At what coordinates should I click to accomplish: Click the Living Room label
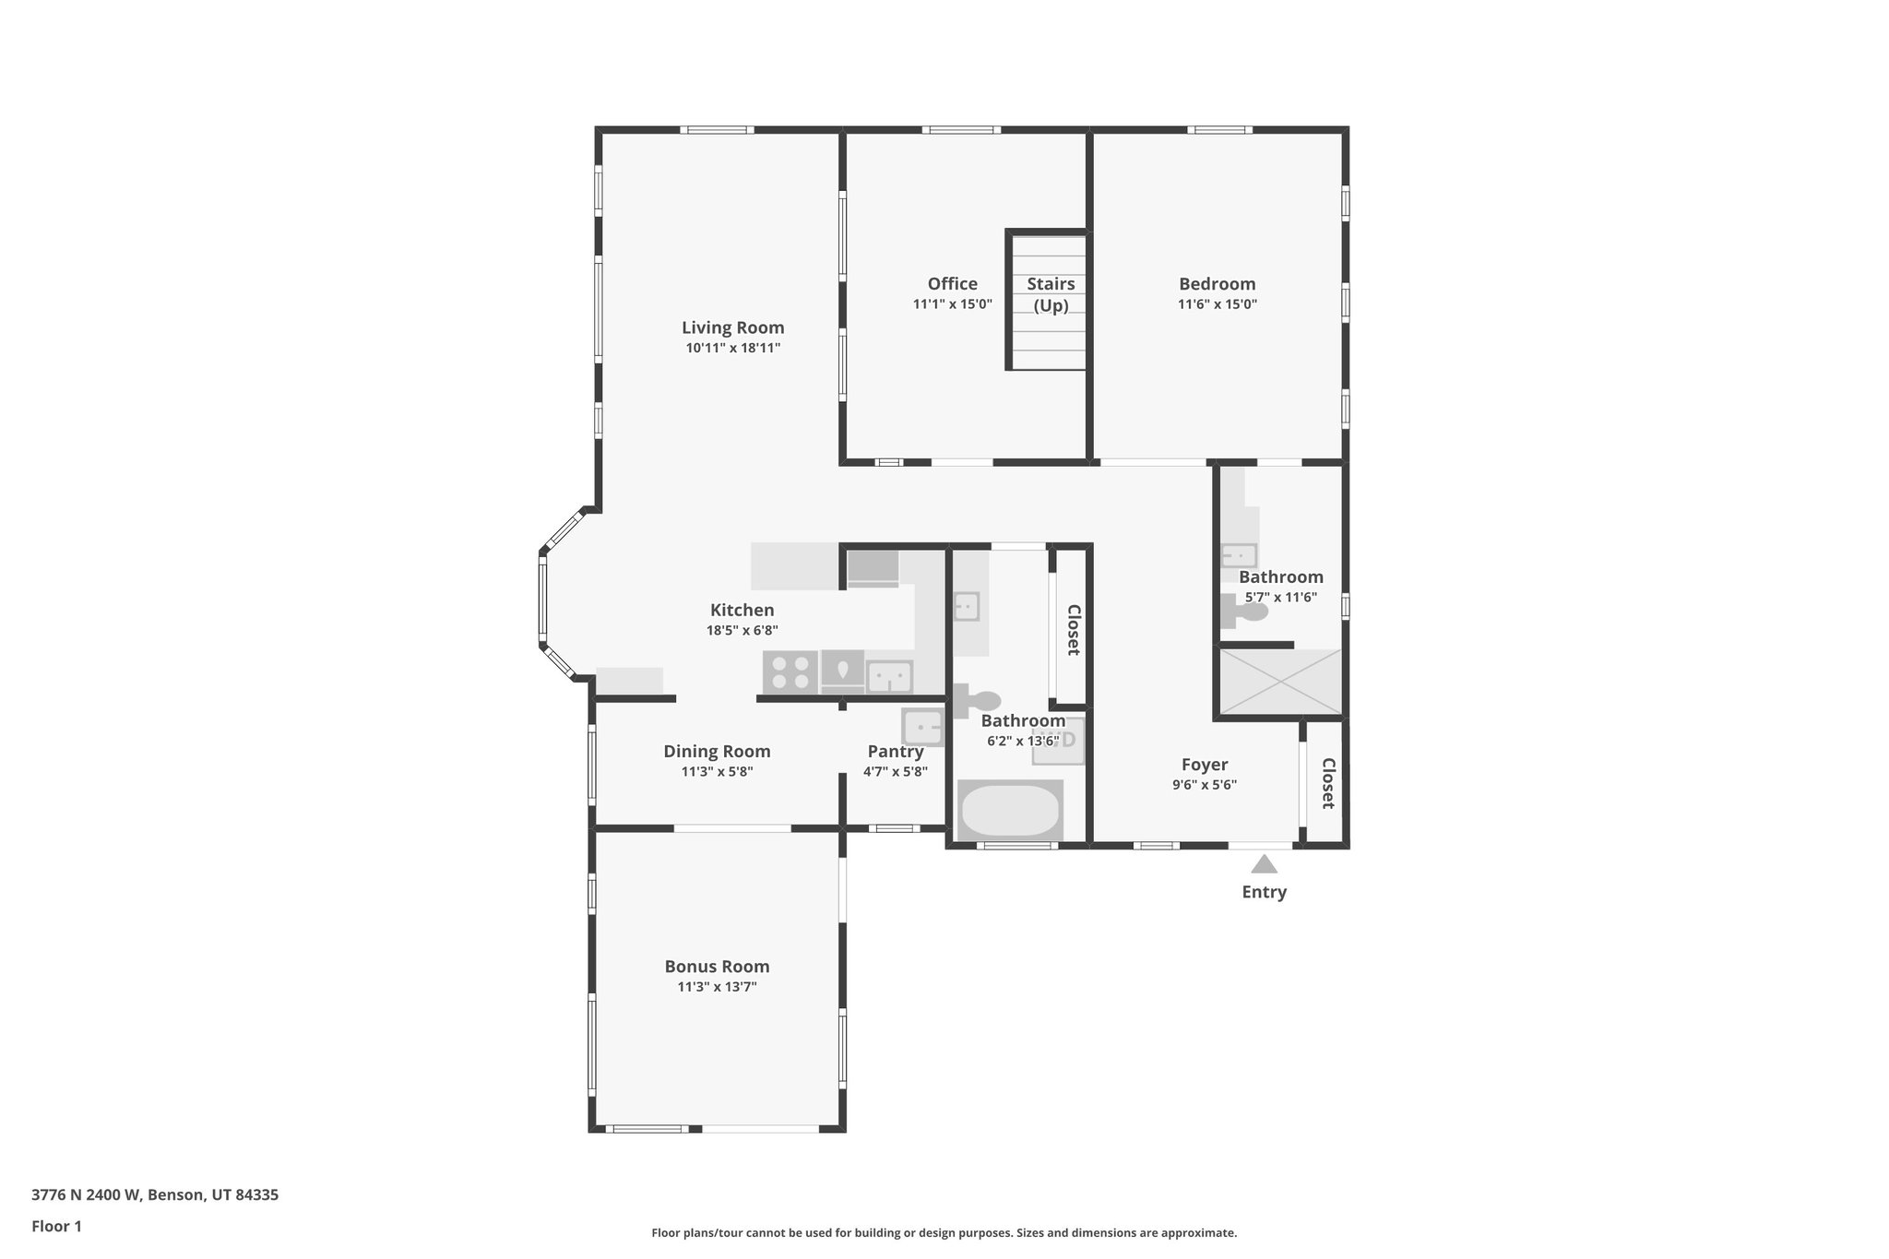tap(732, 327)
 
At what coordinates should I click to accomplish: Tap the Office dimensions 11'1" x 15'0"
tap(952, 304)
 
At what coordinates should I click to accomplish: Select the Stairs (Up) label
tap(1051, 294)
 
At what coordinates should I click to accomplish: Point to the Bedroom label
tap(1217, 284)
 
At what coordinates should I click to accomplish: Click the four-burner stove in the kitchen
tap(790, 672)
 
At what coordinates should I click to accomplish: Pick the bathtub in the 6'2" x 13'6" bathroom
tap(1010, 810)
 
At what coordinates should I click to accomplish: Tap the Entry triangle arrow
tap(1264, 864)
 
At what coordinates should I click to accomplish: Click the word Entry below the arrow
tap(1264, 892)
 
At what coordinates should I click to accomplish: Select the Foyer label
tap(1204, 765)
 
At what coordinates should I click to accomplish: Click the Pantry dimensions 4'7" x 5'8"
tap(895, 772)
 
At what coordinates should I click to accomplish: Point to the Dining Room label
tap(717, 752)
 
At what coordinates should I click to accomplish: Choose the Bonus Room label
tap(717, 967)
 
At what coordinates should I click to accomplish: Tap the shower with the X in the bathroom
tap(1280, 682)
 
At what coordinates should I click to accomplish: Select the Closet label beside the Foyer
tap(1328, 783)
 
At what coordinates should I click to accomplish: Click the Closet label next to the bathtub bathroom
tap(1073, 630)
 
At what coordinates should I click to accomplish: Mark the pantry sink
tap(922, 727)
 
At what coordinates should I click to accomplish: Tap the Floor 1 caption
tap(56, 1226)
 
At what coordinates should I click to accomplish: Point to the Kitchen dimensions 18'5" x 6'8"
tap(742, 631)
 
